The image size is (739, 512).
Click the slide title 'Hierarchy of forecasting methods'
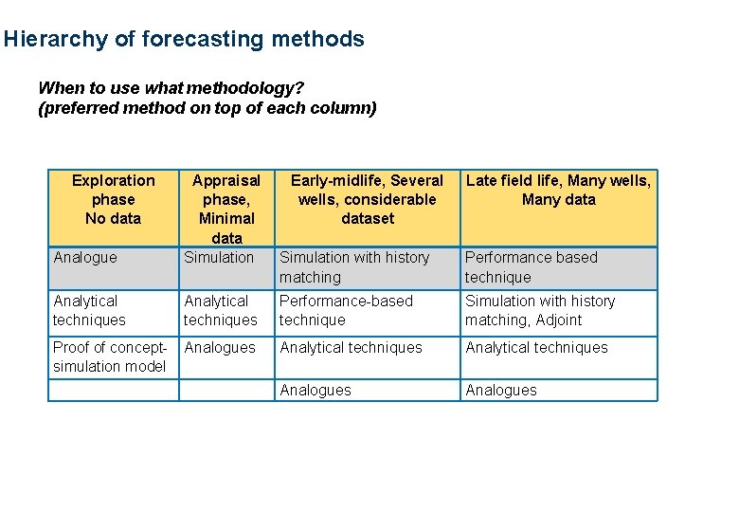184,40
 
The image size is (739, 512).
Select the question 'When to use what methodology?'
169,88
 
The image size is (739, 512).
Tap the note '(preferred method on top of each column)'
207,108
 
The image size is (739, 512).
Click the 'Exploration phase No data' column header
113,199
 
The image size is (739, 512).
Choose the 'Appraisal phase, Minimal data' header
226,209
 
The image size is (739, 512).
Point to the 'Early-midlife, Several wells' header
367,199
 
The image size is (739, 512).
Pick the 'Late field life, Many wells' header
558,190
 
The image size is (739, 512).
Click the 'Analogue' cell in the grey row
85,258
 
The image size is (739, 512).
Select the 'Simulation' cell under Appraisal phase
219,258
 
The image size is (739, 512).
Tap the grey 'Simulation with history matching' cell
354,267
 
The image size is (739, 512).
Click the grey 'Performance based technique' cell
531,267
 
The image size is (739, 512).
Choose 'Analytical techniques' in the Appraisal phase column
220,311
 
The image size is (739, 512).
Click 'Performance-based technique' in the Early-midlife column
346,311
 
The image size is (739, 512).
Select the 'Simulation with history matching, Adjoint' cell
539,311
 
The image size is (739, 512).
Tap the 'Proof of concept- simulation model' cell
109,357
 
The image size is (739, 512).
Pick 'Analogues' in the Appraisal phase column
220,348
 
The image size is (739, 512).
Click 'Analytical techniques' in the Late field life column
536,348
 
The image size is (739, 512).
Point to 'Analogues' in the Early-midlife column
315,391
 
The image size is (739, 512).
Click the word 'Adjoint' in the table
558,320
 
